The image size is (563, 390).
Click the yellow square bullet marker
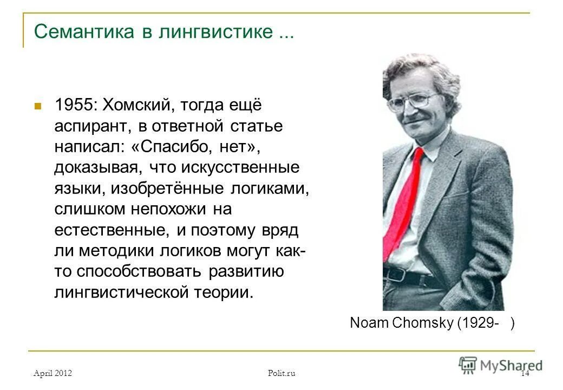(x=38, y=105)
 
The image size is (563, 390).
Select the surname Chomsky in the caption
(x=424, y=323)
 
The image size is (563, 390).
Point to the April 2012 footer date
(x=53, y=373)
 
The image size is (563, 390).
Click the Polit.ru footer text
(x=281, y=373)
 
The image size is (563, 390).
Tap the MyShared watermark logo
(x=500, y=365)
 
